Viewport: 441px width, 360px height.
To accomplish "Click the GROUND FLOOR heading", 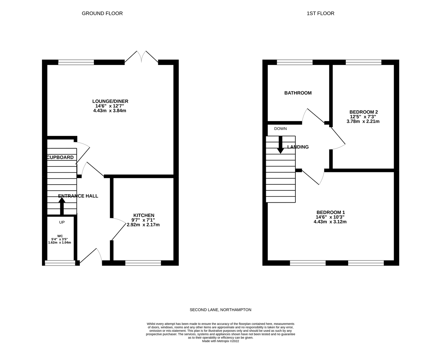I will (x=102, y=13).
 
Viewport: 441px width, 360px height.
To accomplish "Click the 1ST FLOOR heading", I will (x=320, y=13).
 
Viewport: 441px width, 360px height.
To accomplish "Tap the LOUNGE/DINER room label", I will (x=110, y=101).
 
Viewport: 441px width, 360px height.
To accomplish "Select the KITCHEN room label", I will (x=144, y=215).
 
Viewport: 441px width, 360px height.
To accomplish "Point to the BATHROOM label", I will (x=298, y=93).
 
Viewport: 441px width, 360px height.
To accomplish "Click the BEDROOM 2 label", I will (x=363, y=112).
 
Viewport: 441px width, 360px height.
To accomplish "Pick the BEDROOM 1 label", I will (x=330, y=212).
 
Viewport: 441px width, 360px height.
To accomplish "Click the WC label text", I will (x=60, y=236).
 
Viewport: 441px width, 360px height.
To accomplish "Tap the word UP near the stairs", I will (x=62, y=222).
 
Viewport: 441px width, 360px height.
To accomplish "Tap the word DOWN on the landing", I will (x=280, y=129).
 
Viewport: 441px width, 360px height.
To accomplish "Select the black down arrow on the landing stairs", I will (x=280, y=145).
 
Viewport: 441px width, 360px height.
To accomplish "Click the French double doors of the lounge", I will (x=142, y=57).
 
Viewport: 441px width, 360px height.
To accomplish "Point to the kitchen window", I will (x=143, y=263).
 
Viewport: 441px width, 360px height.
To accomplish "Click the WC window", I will (x=60, y=263).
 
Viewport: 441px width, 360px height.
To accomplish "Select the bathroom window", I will (x=295, y=62).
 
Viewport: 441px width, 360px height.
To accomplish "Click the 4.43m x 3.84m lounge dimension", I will (x=110, y=111).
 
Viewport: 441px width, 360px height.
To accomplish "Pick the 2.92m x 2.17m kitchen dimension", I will (x=143, y=225).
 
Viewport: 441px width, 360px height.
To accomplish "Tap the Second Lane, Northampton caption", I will (x=220, y=310).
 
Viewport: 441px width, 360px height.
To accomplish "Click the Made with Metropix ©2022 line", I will (x=220, y=341).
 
